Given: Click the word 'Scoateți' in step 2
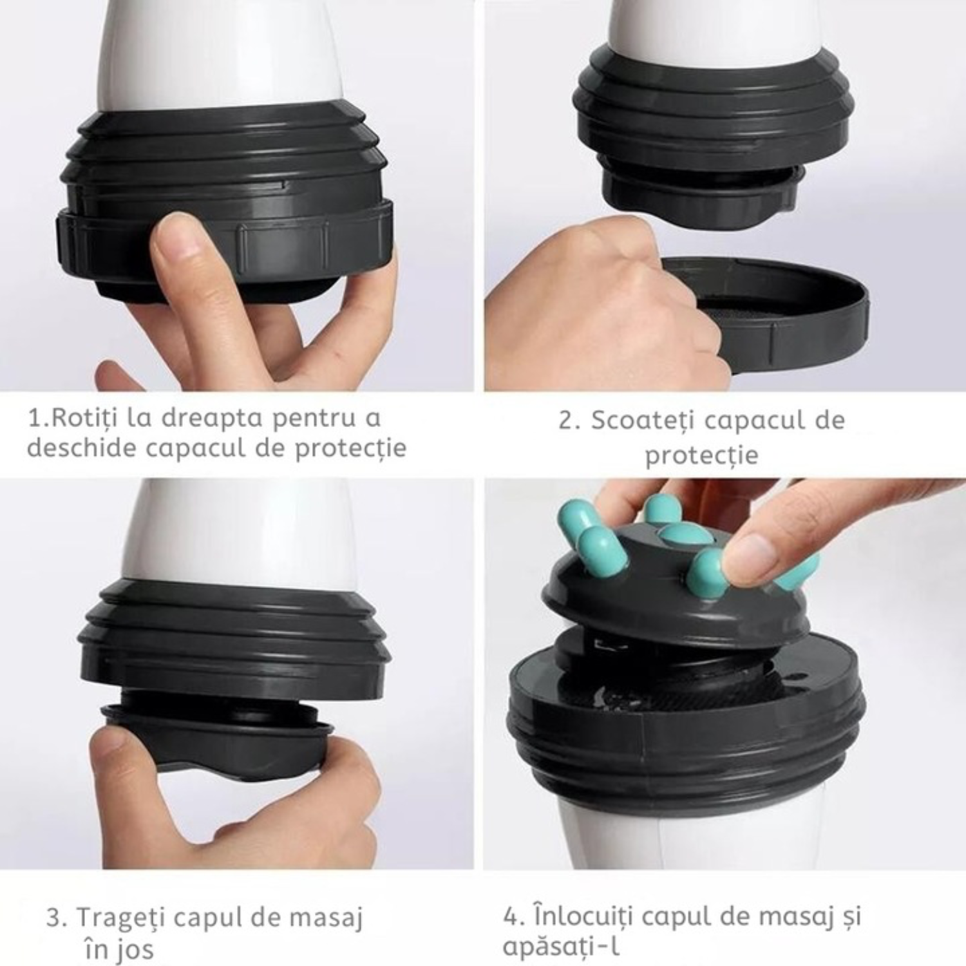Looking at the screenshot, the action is pyautogui.click(x=643, y=420).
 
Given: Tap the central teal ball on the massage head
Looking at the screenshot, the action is pyautogui.click(x=683, y=534).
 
